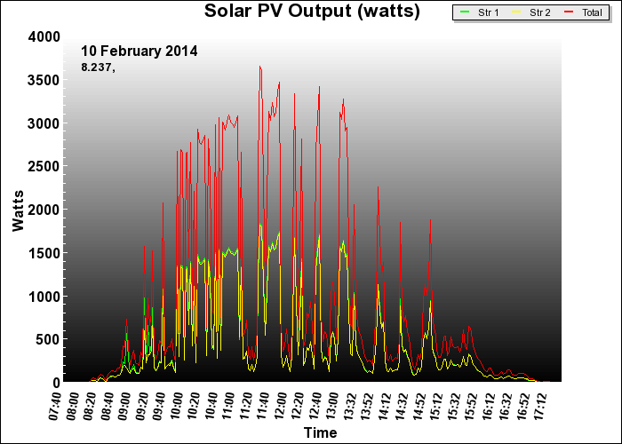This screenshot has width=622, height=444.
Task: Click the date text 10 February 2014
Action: [140, 51]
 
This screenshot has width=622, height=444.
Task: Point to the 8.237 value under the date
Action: [98, 67]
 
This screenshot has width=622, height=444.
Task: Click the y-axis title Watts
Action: [19, 209]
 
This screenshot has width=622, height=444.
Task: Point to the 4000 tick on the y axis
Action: [43, 36]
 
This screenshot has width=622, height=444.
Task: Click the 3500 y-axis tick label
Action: [43, 80]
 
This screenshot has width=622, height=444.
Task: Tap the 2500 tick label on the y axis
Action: [43, 166]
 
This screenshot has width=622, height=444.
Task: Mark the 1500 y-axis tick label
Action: [43, 253]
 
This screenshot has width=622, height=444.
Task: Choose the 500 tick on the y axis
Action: [48, 339]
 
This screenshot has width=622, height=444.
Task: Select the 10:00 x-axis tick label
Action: [177, 402]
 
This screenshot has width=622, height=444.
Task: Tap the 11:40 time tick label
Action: [263, 402]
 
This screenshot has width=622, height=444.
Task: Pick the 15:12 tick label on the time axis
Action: [435, 402]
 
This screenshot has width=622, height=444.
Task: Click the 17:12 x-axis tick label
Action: [538, 402]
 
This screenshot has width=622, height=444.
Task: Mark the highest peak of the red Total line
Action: [259, 66]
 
